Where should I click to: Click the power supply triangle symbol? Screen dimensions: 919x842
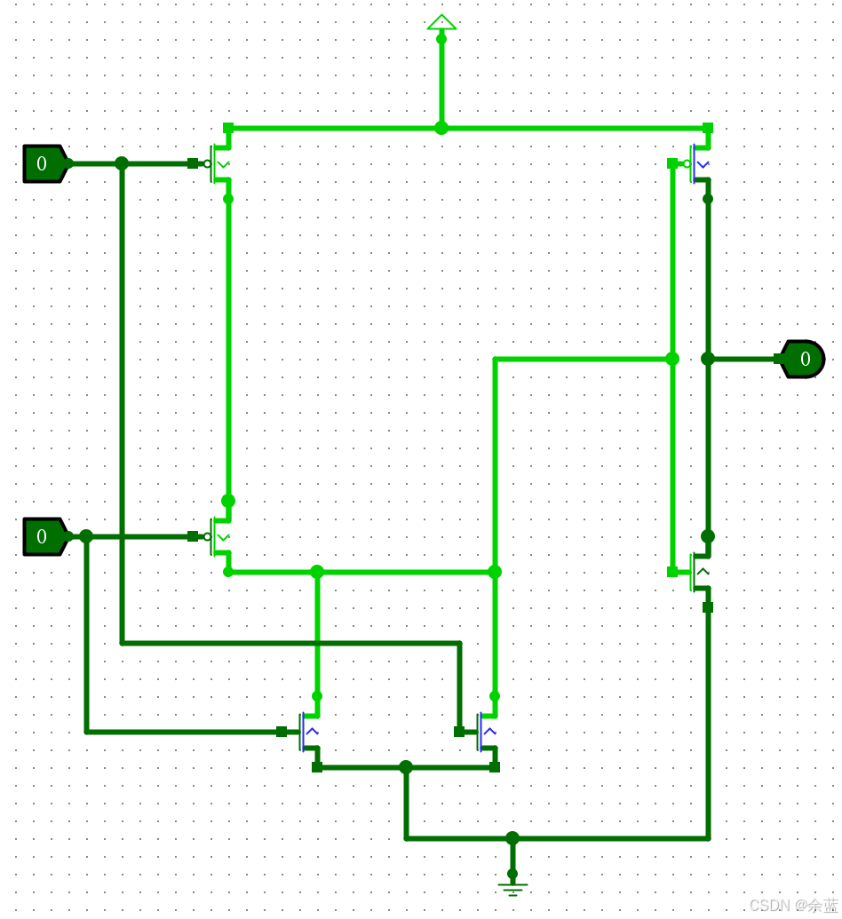(441, 22)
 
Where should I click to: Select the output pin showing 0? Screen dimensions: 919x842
(803, 359)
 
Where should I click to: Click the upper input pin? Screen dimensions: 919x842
(44, 163)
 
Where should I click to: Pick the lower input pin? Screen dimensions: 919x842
(44, 536)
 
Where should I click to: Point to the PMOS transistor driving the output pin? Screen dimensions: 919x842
(699, 163)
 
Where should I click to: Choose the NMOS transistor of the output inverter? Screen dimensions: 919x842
(699, 572)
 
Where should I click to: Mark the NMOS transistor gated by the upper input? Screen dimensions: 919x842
(486, 732)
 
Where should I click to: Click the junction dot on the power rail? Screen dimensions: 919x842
(441, 128)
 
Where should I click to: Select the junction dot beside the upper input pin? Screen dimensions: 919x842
(122, 163)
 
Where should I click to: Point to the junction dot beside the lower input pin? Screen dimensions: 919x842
(86, 536)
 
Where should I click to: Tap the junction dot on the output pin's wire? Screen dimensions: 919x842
(708, 359)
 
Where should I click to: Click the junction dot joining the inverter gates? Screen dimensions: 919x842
(672, 359)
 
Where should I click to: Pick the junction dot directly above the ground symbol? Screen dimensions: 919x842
(512, 838)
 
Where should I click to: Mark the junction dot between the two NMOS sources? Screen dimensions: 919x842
(406, 767)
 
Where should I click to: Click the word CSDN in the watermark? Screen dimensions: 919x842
(768, 905)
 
